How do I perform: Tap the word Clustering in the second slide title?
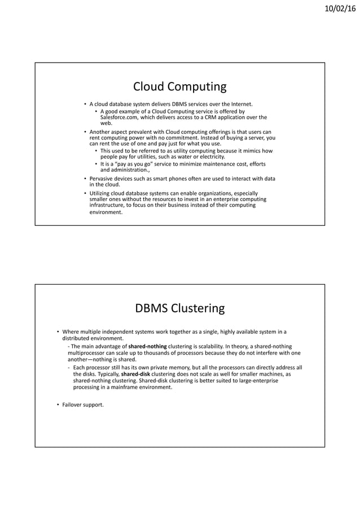click(197, 308)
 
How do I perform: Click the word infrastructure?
click(109, 206)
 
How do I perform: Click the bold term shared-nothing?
click(147, 346)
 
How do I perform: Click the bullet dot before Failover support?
click(58, 404)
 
